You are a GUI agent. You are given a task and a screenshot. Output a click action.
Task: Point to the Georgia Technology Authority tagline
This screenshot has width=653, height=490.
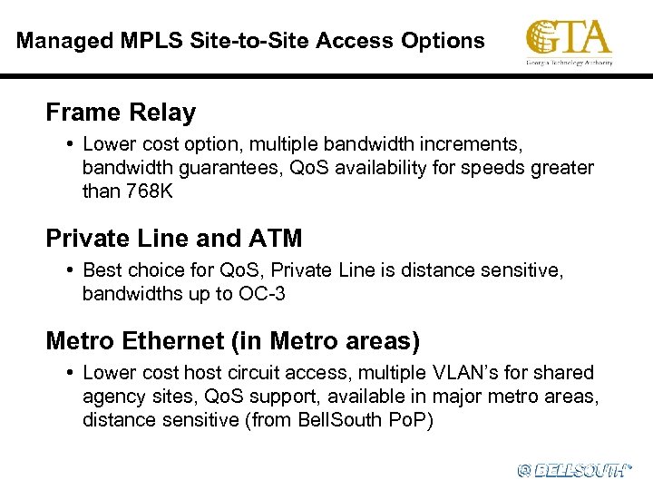click(x=570, y=63)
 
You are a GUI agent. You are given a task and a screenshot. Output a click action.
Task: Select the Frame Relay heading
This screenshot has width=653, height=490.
click(x=121, y=113)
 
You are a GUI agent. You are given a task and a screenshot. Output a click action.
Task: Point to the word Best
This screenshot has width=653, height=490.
click(x=101, y=270)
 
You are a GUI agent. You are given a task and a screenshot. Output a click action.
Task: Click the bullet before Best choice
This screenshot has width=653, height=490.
click(x=70, y=270)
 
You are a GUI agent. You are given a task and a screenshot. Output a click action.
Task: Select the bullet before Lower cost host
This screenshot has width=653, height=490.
click(x=70, y=373)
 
